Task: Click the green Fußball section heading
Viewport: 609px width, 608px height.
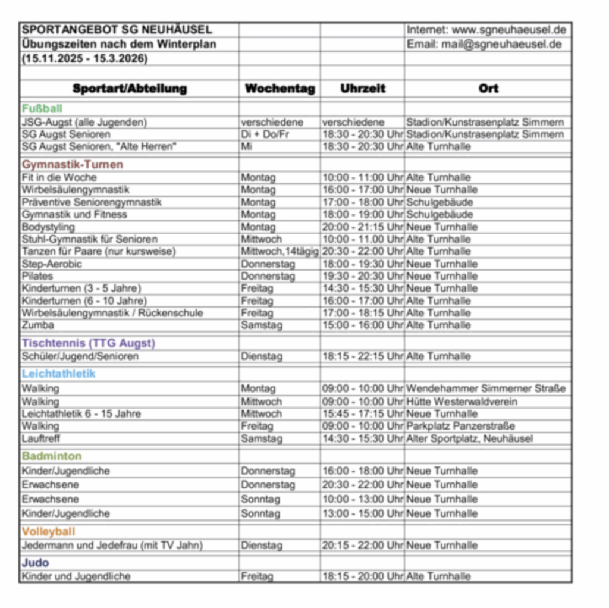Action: [x=42, y=109]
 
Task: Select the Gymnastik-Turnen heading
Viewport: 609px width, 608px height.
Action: [x=72, y=165]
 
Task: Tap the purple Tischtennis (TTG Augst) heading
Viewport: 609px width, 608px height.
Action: [x=88, y=343]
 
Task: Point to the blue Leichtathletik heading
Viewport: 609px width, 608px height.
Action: [x=58, y=374]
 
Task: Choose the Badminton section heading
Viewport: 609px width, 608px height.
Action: [x=52, y=456]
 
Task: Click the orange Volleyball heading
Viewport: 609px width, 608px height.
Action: [x=49, y=532]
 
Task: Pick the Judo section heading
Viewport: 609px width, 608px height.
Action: [x=36, y=563]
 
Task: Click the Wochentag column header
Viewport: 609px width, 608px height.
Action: [x=280, y=89]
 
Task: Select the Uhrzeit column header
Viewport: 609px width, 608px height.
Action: [x=363, y=89]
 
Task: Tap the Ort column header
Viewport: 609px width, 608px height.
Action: [x=488, y=89]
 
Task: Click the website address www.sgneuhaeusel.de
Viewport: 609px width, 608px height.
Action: [x=508, y=30]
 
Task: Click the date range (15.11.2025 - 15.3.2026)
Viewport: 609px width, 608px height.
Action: [x=84, y=58]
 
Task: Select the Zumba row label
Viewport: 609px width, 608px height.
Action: [x=38, y=325]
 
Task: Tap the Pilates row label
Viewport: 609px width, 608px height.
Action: [x=37, y=276]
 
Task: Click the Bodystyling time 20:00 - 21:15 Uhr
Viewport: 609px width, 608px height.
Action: [x=363, y=227]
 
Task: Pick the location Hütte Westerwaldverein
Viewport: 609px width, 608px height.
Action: [x=462, y=402]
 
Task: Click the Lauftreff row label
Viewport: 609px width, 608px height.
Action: [x=42, y=438]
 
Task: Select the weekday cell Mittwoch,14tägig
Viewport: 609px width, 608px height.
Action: [x=280, y=252]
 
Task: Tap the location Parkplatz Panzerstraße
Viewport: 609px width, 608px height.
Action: [x=460, y=426]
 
